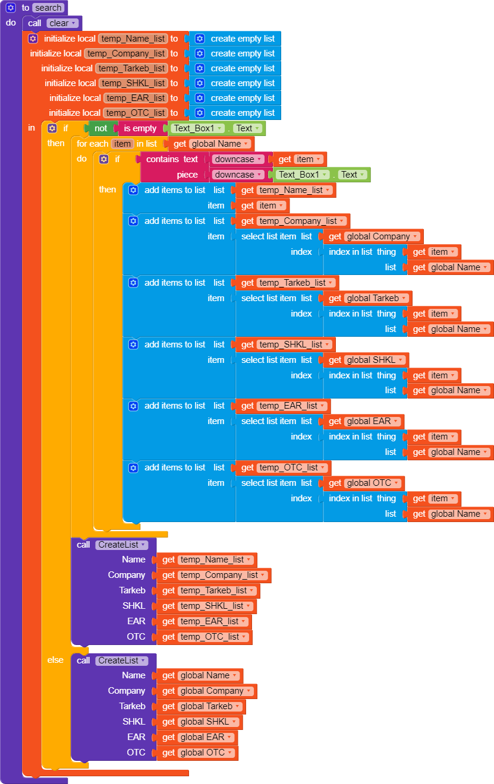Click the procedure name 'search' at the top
[48, 8]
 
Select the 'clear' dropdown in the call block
[62, 23]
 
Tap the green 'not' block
[100, 128]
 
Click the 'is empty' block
[140, 128]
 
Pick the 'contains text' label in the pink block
[172, 159]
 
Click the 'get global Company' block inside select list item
[373, 236]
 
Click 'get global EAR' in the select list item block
[364, 422]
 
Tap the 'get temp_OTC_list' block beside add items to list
[284, 467]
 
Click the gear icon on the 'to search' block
[11, 8]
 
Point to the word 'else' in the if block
[55, 660]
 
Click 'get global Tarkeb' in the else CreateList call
[201, 706]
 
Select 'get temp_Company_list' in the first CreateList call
[214, 575]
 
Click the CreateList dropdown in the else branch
[122, 660]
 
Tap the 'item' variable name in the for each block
[122, 144]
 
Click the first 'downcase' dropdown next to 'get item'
[238, 159]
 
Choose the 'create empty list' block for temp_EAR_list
[235, 98]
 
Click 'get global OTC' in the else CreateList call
[197, 753]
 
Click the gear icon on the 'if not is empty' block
[52, 128]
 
